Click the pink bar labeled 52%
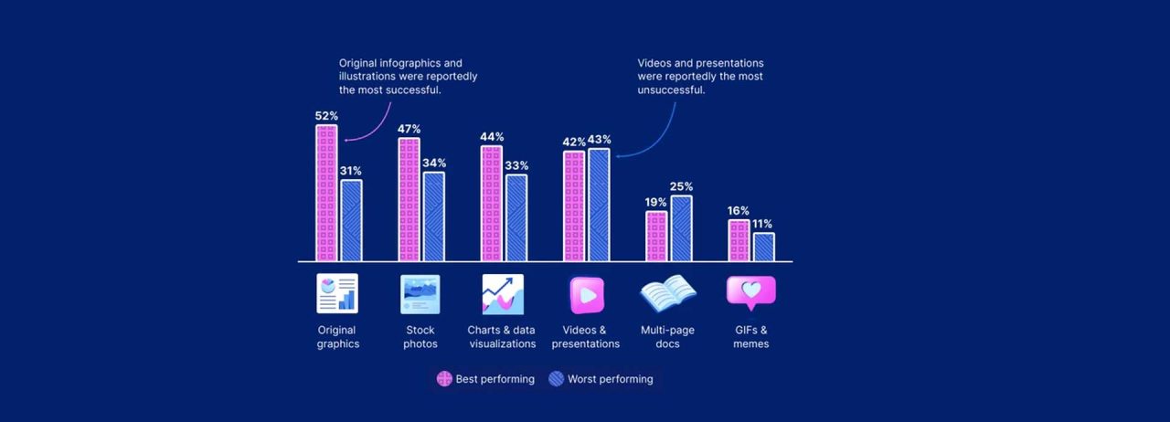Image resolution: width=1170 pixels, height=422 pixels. [x=326, y=193]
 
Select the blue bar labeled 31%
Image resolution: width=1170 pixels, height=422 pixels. [x=351, y=220]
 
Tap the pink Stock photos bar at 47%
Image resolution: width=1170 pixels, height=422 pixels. [x=409, y=199]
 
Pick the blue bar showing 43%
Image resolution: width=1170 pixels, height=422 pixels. [x=599, y=205]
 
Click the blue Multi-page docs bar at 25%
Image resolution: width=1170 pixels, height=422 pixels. [x=681, y=228]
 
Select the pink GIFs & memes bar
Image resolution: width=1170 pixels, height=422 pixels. [x=739, y=240]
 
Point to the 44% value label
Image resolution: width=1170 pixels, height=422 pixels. [x=492, y=137]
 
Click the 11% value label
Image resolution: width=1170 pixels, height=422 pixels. [x=762, y=224]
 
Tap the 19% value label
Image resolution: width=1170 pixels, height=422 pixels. [x=656, y=203]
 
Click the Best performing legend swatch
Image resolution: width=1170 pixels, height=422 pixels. [x=444, y=379]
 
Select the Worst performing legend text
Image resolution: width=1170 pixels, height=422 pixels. [x=610, y=379]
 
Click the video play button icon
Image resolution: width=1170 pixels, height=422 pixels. [x=586, y=295]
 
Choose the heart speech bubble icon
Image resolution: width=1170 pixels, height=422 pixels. [x=750, y=292]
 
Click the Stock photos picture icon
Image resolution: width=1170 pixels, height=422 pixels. [x=420, y=294]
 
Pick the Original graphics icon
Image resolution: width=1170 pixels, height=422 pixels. [x=337, y=294]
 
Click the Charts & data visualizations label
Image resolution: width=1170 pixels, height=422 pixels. [x=503, y=337]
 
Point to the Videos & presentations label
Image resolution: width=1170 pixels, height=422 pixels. [x=586, y=337]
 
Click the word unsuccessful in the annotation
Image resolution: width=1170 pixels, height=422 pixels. [x=671, y=90]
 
